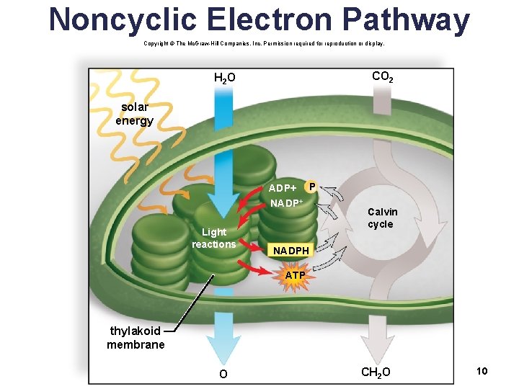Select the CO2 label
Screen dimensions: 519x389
click(x=382, y=76)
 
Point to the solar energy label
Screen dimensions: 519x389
click(x=134, y=114)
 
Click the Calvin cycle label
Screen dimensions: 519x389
click(x=381, y=218)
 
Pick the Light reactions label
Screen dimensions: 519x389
click(x=213, y=238)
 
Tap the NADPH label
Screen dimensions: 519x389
click(x=290, y=251)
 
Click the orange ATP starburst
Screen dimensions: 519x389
click(x=294, y=275)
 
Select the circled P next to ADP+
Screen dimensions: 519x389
click(x=311, y=187)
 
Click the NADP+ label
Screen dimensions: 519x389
click(x=285, y=202)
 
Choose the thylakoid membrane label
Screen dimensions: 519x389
click(x=136, y=337)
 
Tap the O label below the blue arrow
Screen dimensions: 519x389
click(x=223, y=374)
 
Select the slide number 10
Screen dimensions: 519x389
click(x=482, y=370)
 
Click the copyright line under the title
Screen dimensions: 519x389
click(x=264, y=43)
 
